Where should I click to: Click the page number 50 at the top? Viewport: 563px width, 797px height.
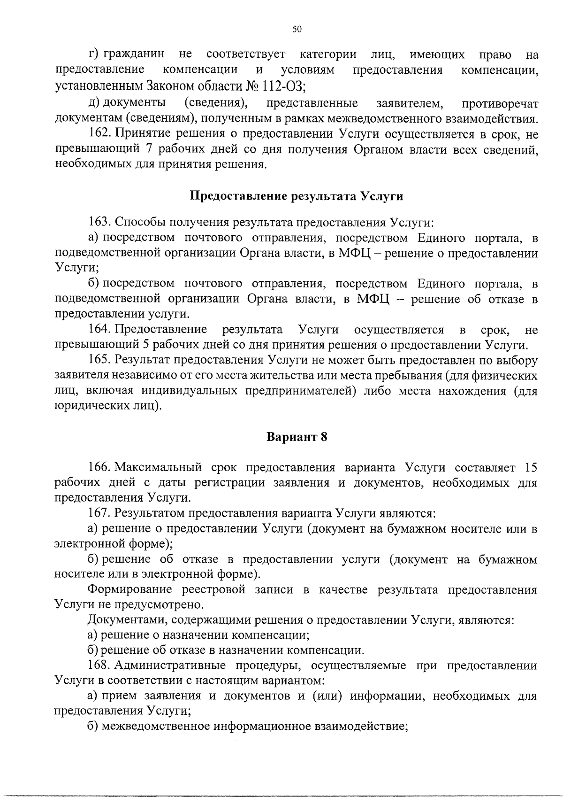pyautogui.click(x=297, y=30)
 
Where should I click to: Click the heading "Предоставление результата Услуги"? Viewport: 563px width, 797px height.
pyautogui.click(x=296, y=196)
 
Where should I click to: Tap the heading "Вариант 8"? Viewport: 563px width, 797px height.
pyautogui.click(x=297, y=437)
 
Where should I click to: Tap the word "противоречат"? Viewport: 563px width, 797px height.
pyautogui.click(x=500, y=104)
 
